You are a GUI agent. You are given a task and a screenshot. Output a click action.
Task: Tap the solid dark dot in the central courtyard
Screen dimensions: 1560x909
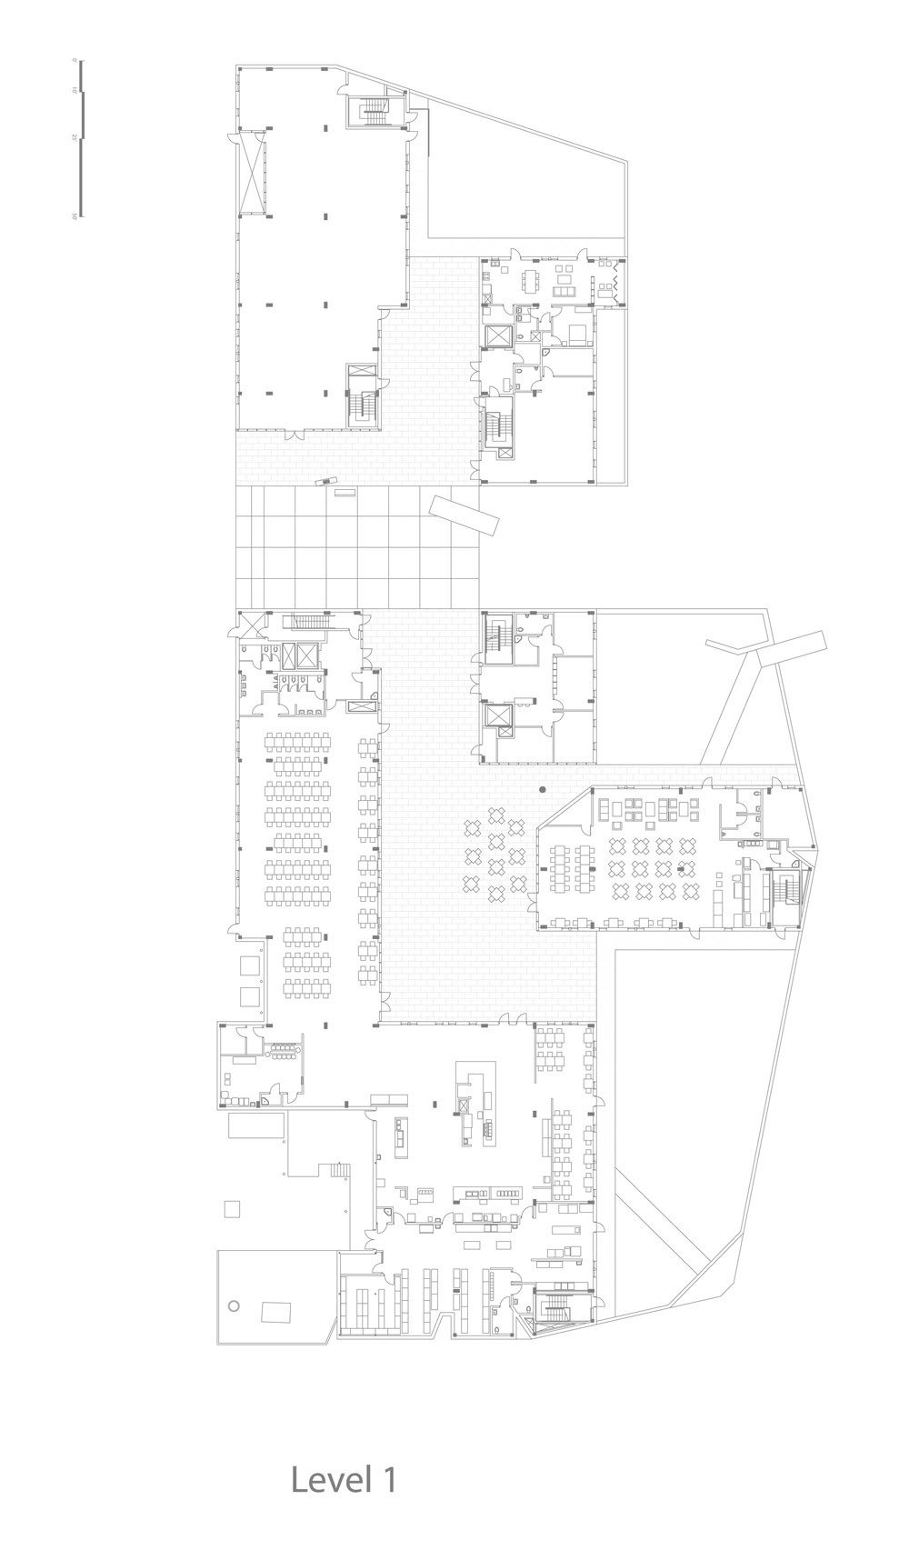(543, 790)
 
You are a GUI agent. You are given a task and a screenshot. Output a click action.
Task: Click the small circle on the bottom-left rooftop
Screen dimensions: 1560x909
(234, 1305)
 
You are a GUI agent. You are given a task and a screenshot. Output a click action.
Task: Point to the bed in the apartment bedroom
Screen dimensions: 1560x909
(576, 336)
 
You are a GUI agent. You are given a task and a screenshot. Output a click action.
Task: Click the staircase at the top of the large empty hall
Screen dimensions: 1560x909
(373, 112)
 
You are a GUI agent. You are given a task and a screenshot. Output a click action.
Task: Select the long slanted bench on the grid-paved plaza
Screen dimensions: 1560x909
(464, 510)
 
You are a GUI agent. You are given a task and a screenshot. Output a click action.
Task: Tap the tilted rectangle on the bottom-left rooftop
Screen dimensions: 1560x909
(275, 1312)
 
